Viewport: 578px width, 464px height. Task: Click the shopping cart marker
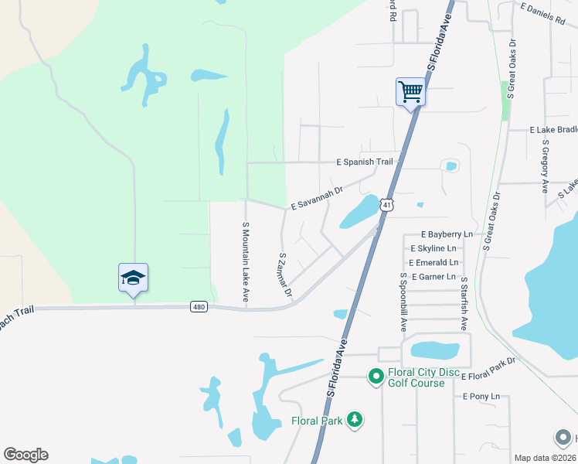(x=411, y=93)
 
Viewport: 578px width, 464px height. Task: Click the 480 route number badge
(x=199, y=307)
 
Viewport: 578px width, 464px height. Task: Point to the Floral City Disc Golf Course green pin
(x=376, y=377)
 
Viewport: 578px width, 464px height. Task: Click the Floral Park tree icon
(x=355, y=419)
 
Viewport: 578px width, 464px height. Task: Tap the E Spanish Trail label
(x=365, y=162)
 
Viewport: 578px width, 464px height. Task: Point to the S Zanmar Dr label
(x=284, y=275)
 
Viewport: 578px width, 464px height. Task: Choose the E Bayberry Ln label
(x=447, y=234)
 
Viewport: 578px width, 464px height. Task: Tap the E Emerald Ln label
(x=434, y=262)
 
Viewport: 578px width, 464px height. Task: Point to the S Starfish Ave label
(x=464, y=305)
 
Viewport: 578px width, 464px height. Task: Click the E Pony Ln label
(x=481, y=396)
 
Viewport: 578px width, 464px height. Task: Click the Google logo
(x=25, y=455)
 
